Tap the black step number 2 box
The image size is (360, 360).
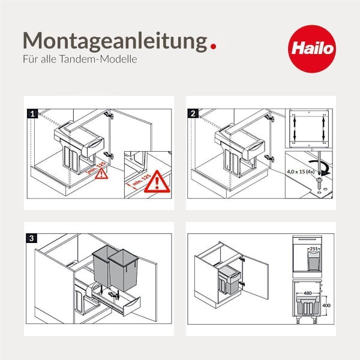[x=193, y=113]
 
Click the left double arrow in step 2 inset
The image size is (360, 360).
[x=296, y=128]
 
